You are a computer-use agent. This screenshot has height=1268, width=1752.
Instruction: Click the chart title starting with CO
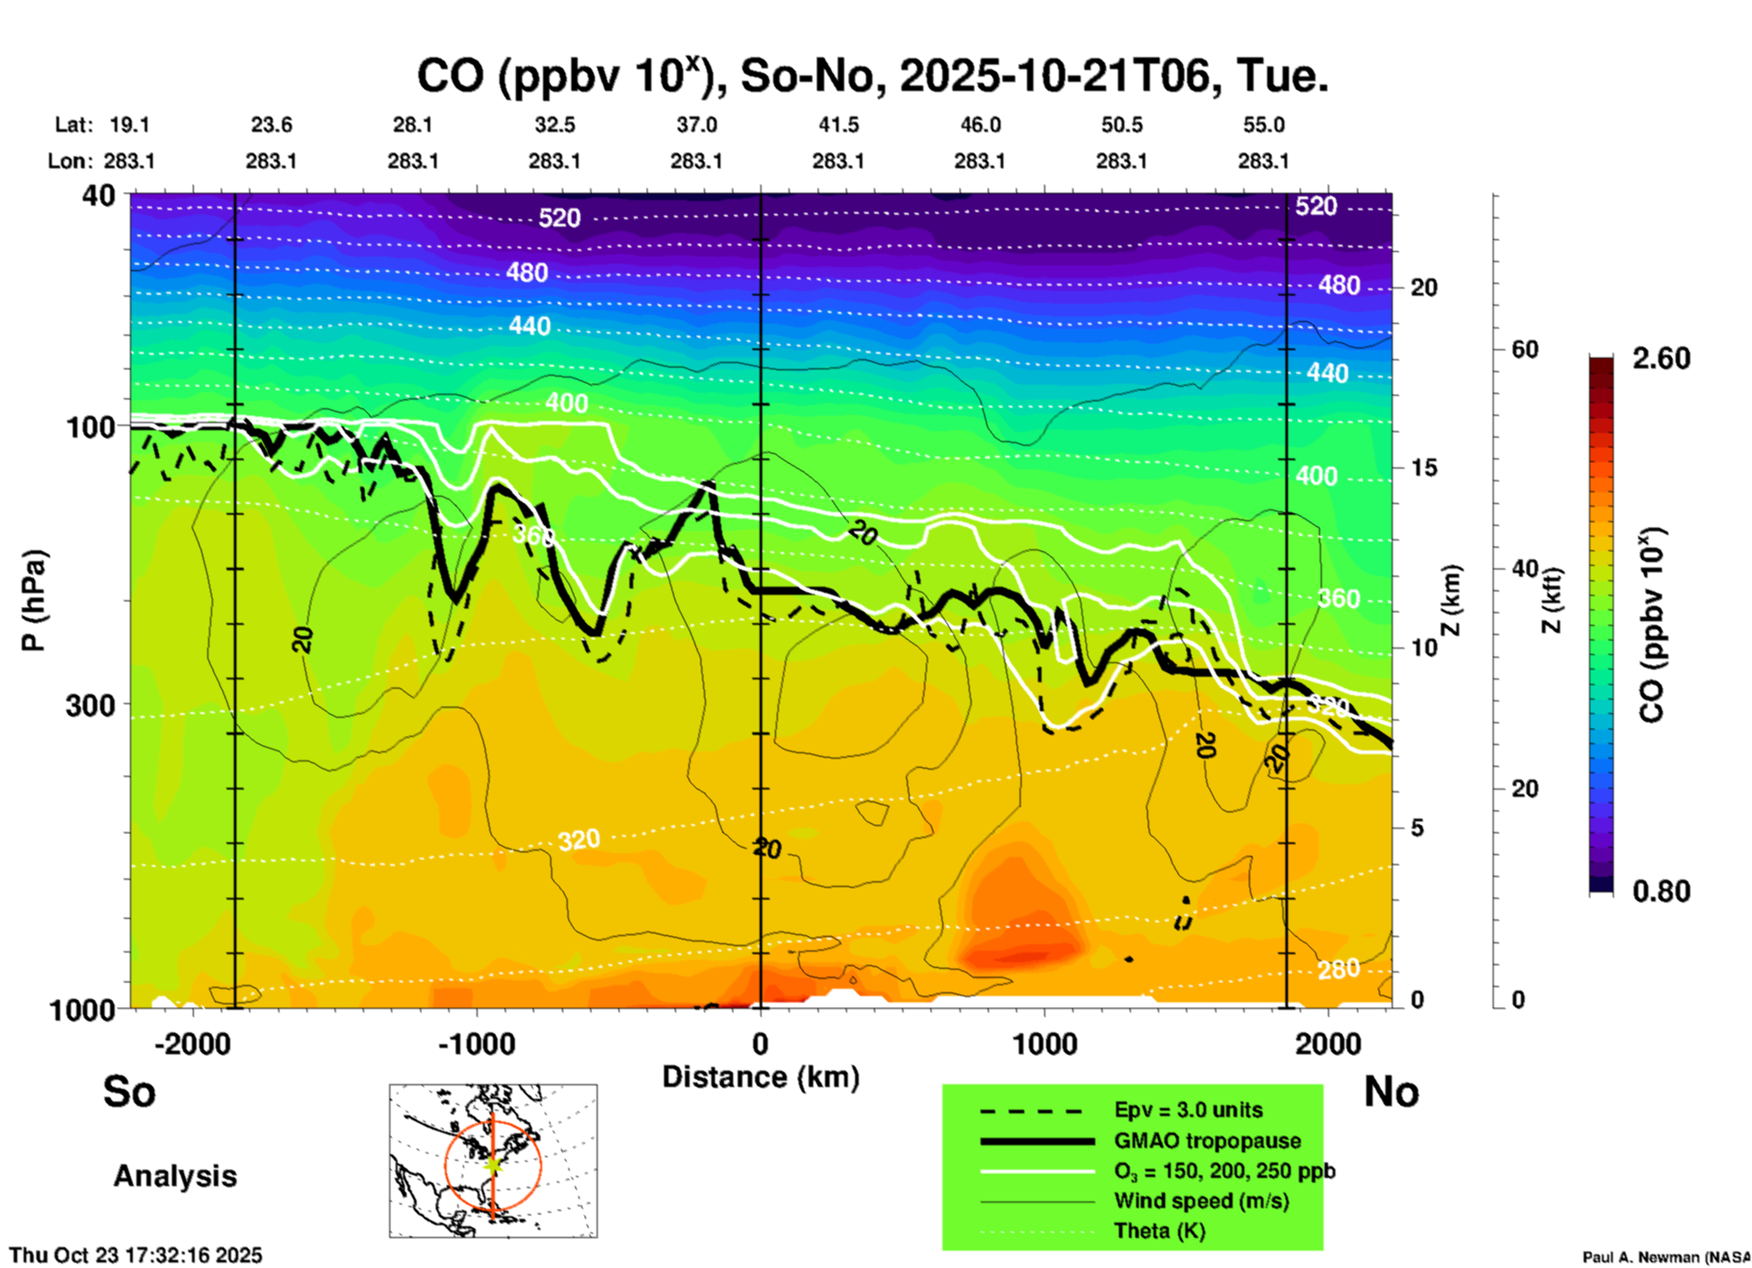click(x=871, y=75)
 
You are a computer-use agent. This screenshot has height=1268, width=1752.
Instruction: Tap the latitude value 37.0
click(x=696, y=125)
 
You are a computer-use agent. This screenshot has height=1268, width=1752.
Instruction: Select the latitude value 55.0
click(x=1263, y=125)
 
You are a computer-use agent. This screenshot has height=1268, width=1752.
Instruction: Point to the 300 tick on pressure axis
click(x=90, y=705)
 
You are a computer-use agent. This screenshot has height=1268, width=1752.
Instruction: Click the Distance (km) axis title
click(x=760, y=1077)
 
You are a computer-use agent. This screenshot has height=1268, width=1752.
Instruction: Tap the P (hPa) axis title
click(x=33, y=600)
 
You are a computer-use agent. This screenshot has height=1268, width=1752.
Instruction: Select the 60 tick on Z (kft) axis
click(x=1525, y=349)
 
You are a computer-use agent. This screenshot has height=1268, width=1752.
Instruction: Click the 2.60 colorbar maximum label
click(x=1661, y=358)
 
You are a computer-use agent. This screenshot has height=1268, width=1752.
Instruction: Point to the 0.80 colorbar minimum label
click(x=1661, y=891)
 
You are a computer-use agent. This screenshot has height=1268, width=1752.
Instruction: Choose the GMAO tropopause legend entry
click(x=1207, y=1141)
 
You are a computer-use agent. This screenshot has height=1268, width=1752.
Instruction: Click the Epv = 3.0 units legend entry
click(x=1188, y=1110)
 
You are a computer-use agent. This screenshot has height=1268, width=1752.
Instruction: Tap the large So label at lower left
click(x=129, y=1092)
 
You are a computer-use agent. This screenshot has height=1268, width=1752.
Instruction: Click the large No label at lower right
click(x=1391, y=1092)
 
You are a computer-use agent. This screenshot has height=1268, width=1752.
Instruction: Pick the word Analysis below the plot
click(x=175, y=1176)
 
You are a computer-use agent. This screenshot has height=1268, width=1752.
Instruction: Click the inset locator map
click(x=493, y=1160)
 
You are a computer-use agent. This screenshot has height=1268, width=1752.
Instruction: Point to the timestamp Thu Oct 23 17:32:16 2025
click(x=136, y=1255)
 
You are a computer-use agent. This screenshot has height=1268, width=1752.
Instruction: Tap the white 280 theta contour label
click(x=1339, y=970)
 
